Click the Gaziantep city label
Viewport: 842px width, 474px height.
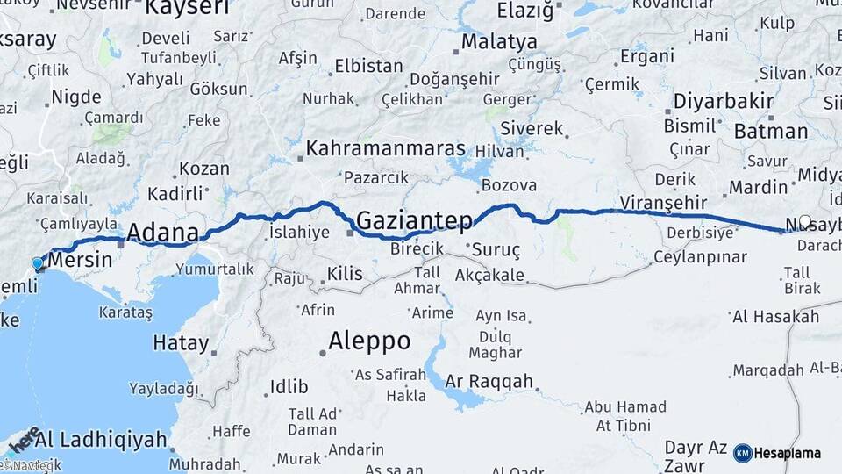click(x=415, y=220)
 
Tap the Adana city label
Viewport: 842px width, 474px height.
click(x=162, y=233)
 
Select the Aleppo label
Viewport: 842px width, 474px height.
click(x=369, y=341)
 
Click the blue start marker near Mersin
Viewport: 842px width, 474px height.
click(x=37, y=262)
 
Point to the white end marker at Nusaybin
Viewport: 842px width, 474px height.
click(x=805, y=222)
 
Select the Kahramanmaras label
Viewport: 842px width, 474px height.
click(x=386, y=148)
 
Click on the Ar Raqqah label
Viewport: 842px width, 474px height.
click(x=489, y=381)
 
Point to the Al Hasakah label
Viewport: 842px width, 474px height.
click(x=775, y=316)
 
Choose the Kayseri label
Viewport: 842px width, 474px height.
click(x=187, y=9)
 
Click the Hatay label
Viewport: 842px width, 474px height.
click(x=181, y=342)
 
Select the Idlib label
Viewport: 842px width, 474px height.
click(x=289, y=386)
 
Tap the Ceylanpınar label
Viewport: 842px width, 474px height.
click(x=700, y=257)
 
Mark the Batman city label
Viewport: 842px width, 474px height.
click(x=769, y=132)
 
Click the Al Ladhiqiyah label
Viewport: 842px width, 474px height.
click(x=101, y=438)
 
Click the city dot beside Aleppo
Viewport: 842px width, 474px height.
click(x=323, y=352)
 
